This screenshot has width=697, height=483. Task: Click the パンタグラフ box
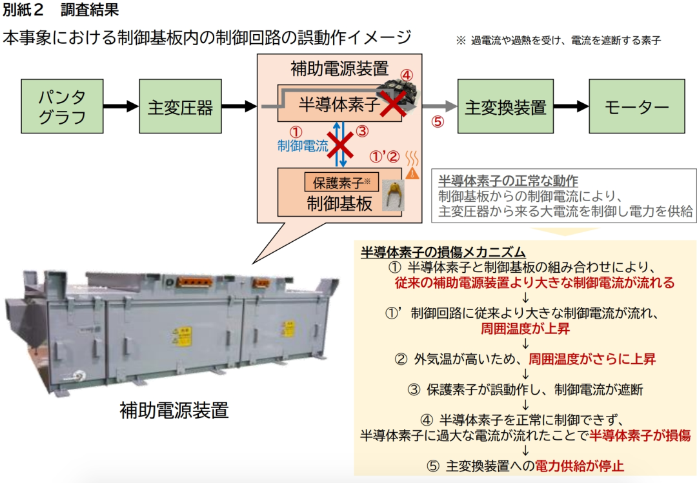click(62, 106)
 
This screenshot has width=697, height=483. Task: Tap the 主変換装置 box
click(505, 106)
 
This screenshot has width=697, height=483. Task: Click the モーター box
click(636, 106)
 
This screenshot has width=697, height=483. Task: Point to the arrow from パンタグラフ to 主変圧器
click(121, 106)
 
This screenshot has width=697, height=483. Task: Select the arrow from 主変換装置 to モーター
click(570, 106)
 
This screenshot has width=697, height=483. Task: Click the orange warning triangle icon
click(412, 173)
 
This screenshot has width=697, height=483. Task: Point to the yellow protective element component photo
click(390, 195)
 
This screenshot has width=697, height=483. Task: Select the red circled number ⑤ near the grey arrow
click(438, 123)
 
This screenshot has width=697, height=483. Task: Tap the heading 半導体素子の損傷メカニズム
click(443, 251)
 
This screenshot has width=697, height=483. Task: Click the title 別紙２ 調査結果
click(61, 10)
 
